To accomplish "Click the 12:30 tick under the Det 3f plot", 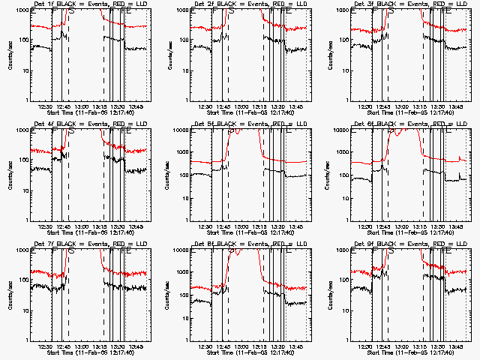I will point(367,106).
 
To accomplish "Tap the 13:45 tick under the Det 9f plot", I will point(457,346).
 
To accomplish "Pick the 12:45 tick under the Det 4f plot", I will point(64,226).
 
